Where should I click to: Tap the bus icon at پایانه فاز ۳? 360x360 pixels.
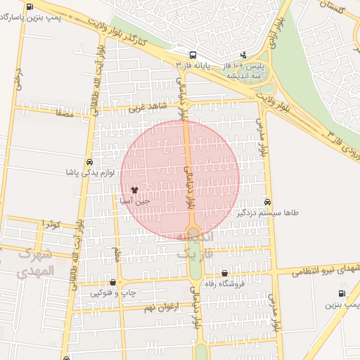tap(193, 56)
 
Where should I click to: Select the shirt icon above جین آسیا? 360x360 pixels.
tap(134, 190)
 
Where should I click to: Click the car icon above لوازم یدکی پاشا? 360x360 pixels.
tap(89, 162)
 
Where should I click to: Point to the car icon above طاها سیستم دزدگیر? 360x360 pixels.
tap(266, 201)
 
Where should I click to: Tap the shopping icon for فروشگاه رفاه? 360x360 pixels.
tap(224, 274)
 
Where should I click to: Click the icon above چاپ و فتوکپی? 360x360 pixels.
tap(112, 282)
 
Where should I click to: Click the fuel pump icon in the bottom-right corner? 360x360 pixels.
tap(342, 294)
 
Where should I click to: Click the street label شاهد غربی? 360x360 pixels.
tap(146, 108)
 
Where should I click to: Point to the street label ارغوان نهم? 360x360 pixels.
tap(162, 307)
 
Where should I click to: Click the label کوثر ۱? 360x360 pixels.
tap(51, 224)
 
